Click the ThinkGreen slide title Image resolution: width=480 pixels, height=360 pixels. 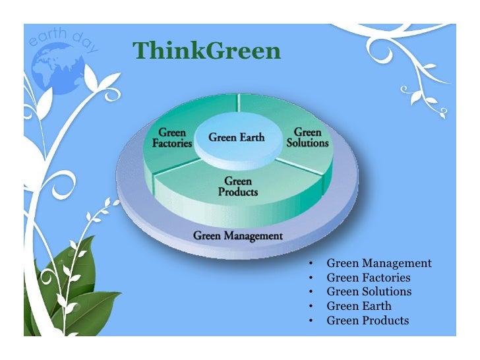206,51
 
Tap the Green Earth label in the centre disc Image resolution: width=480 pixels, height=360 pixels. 237,138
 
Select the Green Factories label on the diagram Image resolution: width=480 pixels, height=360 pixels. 173,137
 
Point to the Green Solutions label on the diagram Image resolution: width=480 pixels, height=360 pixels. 307,137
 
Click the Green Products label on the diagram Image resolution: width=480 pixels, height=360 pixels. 238,187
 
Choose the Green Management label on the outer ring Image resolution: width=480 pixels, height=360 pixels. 238,235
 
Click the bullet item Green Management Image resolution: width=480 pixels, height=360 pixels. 379,264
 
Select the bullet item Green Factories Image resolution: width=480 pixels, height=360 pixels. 369,278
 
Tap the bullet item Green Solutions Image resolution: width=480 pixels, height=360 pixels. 369,292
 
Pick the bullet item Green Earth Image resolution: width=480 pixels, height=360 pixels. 359,307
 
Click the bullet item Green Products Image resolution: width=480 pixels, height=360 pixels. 368,321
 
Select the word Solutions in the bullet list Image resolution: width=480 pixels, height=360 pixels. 387,292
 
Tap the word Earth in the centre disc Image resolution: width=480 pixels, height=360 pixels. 252,138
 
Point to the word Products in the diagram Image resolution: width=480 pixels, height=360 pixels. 238,192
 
